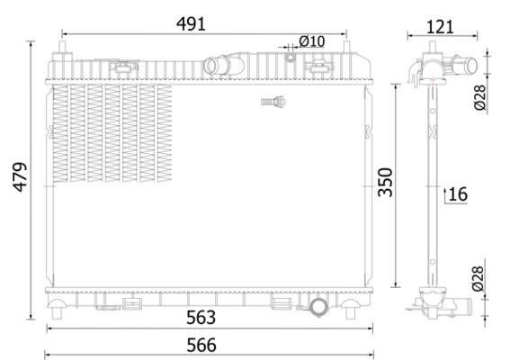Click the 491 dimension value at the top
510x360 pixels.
coord(190,24)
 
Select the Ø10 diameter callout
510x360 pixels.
coord(311,40)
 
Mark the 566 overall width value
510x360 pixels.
coord(201,344)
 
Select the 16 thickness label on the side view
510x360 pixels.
coord(458,193)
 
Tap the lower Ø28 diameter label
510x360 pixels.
coord(479,279)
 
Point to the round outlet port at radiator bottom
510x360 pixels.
coord(322,308)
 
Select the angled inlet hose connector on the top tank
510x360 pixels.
coord(217,66)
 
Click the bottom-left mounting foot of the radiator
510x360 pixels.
coord(59,311)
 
